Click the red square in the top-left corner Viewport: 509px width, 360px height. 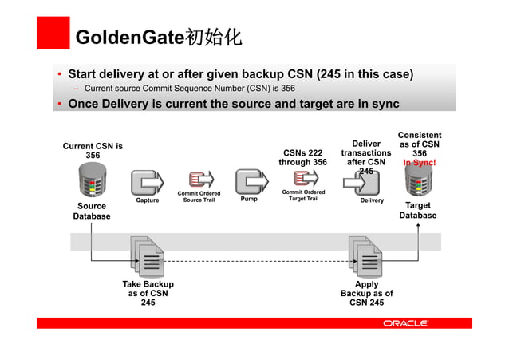pyautogui.click(x=53, y=33)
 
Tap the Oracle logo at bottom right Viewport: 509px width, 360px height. pyautogui.click(x=405, y=322)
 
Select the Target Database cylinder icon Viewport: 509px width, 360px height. pyautogui.click(x=418, y=184)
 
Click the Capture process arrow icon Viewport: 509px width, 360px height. pyautogui.click(x=147, y=183)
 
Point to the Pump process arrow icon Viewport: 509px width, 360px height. pyautogui.click(x=249, y=182)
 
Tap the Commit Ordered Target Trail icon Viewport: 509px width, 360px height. pyautogui.click(x=302, y=180)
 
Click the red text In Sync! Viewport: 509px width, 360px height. pyautogui.click(x=419, y=164)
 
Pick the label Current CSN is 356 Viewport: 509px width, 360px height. pyautogui.click(x=93, y=150)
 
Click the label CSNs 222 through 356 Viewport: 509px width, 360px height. pyautogui.click(x=302, y=156)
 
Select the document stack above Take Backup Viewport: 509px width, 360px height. pyautogui.click(x=148, y=255)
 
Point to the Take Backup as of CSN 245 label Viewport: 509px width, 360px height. pyautogui.click(x=148, y=293)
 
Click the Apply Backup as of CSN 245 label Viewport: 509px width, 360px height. pyautogui.click(x=366, y=293)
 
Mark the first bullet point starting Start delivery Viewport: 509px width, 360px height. pyautogui.click(x=240, y=75)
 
